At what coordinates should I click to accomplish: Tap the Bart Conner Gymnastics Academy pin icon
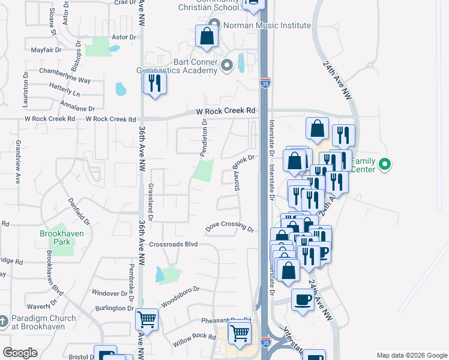tap(226, 65)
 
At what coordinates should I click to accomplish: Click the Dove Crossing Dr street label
tap(230, 227)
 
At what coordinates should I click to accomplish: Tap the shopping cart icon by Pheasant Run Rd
tap(240, 332)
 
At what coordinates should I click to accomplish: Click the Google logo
tap(20, 352)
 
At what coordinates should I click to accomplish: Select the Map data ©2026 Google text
tap(411, 355)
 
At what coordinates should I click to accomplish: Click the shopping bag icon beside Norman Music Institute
tap(206, 35)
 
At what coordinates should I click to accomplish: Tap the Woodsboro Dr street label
tap(179, 296)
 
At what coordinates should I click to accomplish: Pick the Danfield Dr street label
tap(79, 212)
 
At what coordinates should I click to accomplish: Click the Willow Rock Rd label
tap(193, 341)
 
